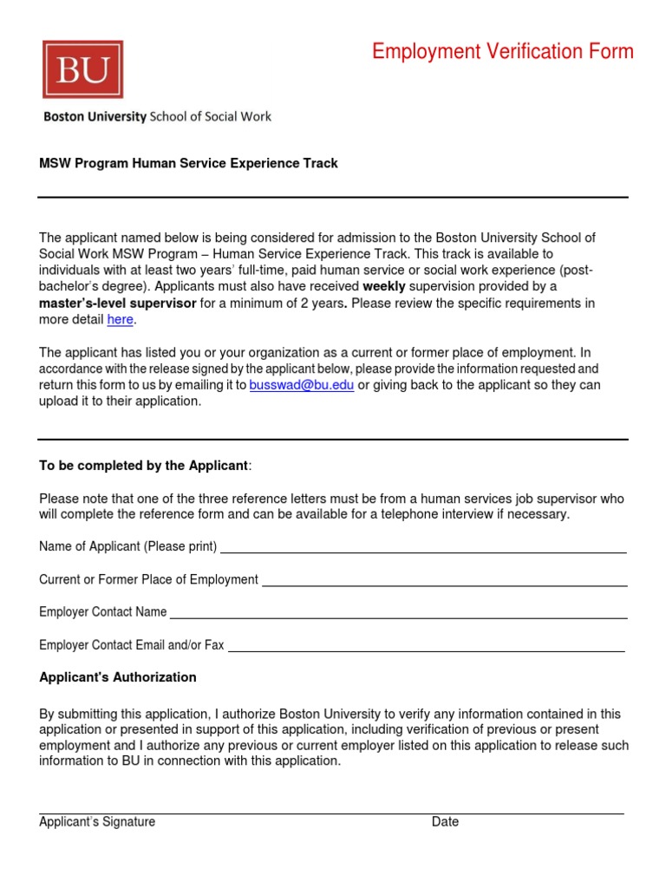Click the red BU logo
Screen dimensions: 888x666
pos(82,69)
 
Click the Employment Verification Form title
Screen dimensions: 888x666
pos(503,52)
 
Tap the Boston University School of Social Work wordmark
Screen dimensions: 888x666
pos(157,116)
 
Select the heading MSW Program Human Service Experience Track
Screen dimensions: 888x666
pos(188,163)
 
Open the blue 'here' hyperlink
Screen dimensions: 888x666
pos(120,320)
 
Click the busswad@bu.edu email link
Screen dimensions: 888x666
pos(301,385)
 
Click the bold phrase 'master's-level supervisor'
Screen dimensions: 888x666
pos(118,304)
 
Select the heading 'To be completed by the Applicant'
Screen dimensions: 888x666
pos(144,466)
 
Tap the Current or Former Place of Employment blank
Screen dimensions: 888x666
pos(444,585)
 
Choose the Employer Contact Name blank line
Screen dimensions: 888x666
pos(398,617)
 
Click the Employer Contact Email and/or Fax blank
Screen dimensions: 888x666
pos(426,650)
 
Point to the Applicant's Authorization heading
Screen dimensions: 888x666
pos(118,677)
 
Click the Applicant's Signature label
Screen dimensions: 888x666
pos(97,822)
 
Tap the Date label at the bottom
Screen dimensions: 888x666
pos(445,822)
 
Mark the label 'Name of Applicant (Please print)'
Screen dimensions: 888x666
pos(127,546)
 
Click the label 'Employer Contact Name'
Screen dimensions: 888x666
pos(102,612)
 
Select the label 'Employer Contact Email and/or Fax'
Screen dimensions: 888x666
pos(131,645)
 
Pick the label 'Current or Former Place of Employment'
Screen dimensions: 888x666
pos(148,579)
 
